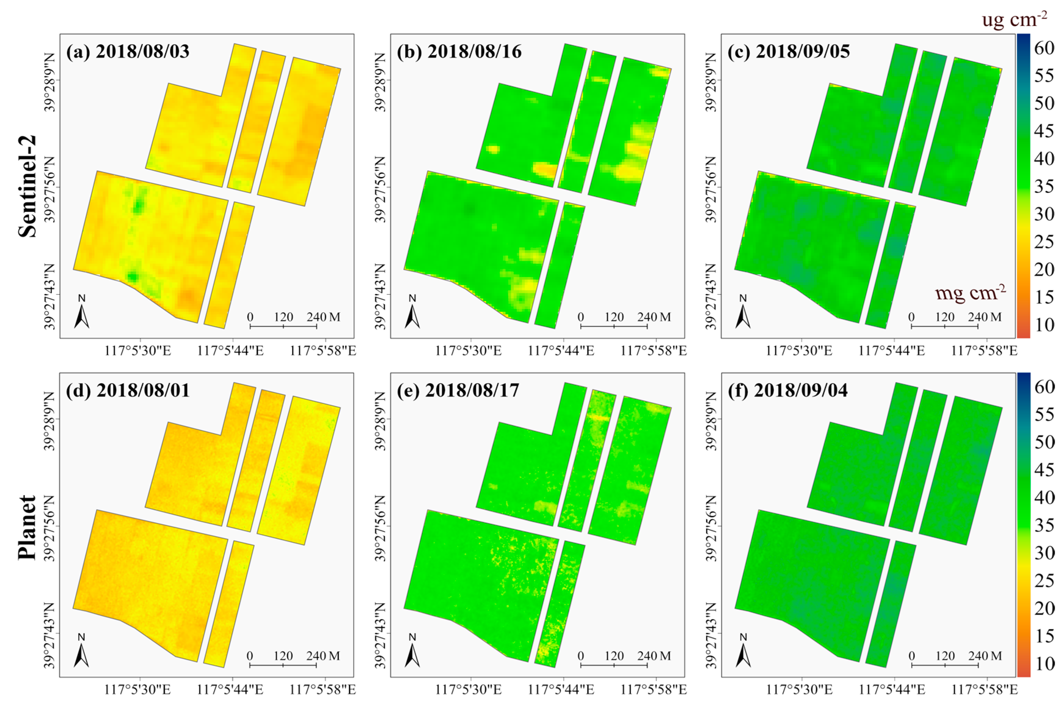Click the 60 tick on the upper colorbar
1044,48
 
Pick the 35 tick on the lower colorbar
1044,525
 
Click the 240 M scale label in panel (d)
323,656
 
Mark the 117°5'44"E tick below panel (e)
561,689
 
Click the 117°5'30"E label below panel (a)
138,351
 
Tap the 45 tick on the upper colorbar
1044,131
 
